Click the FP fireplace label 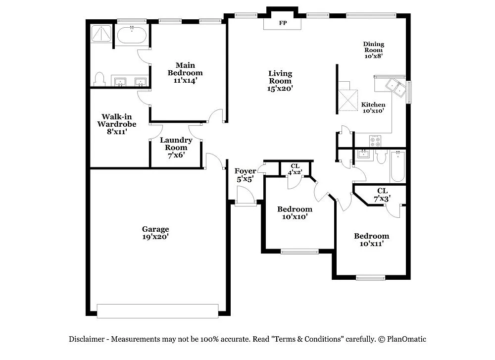(283, 23)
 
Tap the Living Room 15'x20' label (280, 81)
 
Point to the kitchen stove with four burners (376, 141)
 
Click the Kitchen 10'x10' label (373, 107)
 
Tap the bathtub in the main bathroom (132, 36)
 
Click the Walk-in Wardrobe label (116, 124)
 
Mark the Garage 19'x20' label (155, 233)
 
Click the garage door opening (158, 310)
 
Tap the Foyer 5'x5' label (245, 175)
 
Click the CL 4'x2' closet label (296, 169)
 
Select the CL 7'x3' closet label (382, 194)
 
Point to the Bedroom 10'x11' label (371, 239)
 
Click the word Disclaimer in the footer (86, 339)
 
